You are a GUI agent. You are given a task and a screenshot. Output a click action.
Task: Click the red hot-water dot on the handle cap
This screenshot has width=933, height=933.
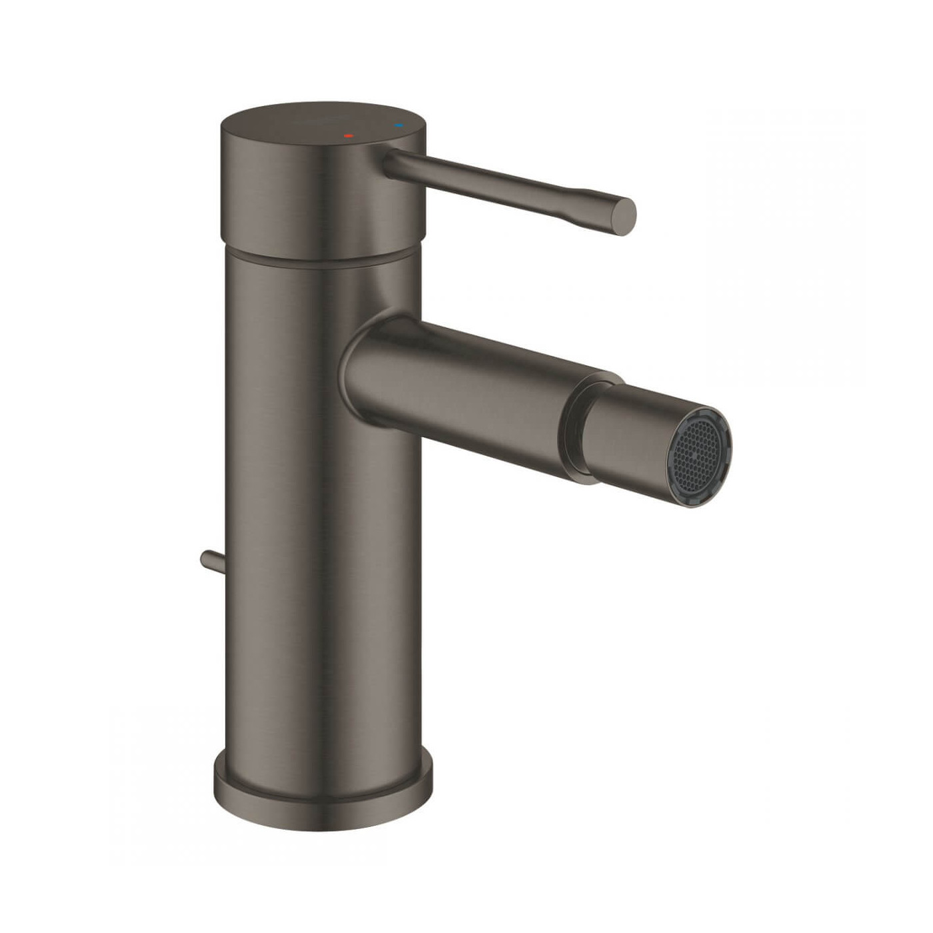348,135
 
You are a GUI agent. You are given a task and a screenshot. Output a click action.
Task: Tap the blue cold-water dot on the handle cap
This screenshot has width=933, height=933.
399,125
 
